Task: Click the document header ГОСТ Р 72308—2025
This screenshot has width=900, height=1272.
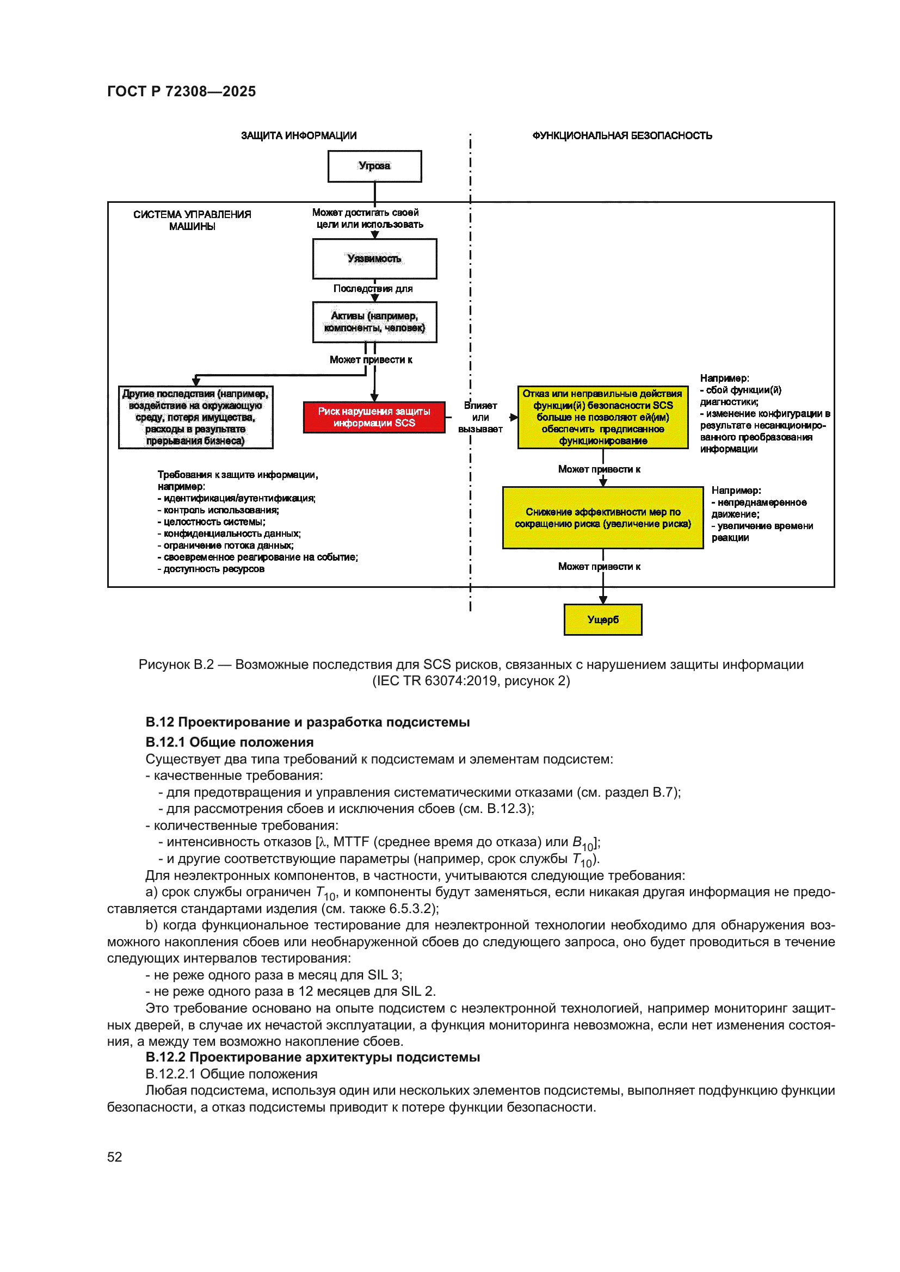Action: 181,91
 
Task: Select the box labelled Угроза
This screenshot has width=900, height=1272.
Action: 374,166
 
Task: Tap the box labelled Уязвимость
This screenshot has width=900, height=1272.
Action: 374,259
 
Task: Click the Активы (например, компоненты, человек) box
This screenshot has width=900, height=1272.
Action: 374,322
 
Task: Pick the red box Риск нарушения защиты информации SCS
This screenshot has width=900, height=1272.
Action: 374,417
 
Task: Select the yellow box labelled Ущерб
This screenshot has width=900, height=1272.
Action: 602,619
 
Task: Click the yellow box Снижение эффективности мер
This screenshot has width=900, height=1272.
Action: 602,517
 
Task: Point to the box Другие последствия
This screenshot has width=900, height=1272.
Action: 196,417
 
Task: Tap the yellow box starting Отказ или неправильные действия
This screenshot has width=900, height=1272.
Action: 602,417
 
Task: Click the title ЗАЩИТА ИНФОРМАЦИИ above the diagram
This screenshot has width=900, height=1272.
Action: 298,136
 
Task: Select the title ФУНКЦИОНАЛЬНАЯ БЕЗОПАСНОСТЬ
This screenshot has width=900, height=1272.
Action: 622,136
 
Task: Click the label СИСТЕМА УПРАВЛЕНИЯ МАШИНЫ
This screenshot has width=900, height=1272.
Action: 192,220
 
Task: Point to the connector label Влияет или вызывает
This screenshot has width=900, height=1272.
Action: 480,417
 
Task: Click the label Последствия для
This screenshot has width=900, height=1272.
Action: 372,289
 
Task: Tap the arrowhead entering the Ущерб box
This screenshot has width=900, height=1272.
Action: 603,600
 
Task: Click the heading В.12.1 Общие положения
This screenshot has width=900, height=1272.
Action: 229,742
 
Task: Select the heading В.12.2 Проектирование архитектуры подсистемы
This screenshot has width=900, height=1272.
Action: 312,1057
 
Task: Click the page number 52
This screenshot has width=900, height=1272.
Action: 114,1157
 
